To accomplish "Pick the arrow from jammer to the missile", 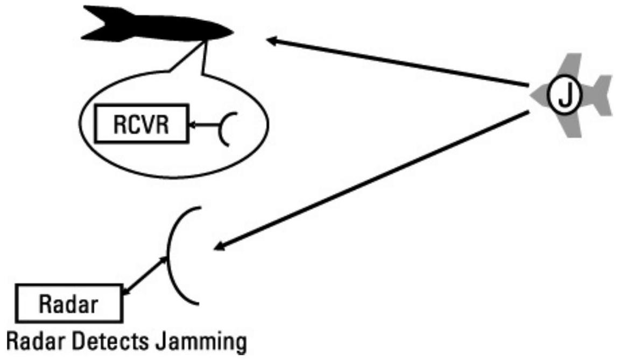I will tap(398, 62).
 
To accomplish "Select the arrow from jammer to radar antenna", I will tap(371, 179).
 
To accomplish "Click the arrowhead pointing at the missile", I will tap(273, 40).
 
